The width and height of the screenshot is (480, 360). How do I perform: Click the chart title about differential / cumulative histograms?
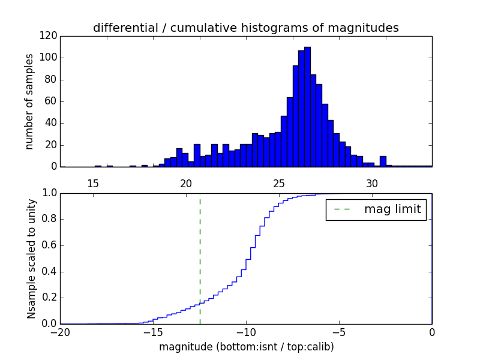tap(245, 28)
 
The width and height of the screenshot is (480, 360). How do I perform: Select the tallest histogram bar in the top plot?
tap(307, 108)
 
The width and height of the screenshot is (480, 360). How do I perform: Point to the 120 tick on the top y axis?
tap(49, 36)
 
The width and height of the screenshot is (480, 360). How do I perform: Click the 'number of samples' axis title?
tap(29, 101)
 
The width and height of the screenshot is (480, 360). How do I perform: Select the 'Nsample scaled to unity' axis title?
tap(31, 258)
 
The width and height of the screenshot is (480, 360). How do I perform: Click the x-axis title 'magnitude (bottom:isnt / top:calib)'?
tap(246, 347)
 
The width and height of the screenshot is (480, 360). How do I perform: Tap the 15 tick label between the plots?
tap(93, 183)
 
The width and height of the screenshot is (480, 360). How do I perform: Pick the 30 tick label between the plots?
tap(372, 183)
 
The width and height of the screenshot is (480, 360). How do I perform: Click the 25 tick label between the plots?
tap(279, 183)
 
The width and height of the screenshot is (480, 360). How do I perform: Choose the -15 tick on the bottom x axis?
tap(153, 332)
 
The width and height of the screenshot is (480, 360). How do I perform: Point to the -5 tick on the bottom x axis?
tap(339, 332)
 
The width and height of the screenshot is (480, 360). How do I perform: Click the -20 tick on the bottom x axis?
tap(60, 332)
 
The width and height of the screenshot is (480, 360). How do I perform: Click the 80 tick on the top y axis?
tap(51, 80)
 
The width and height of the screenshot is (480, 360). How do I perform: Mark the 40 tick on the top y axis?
tap(51, 123)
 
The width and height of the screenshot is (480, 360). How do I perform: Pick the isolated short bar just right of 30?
tap(383, 161)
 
